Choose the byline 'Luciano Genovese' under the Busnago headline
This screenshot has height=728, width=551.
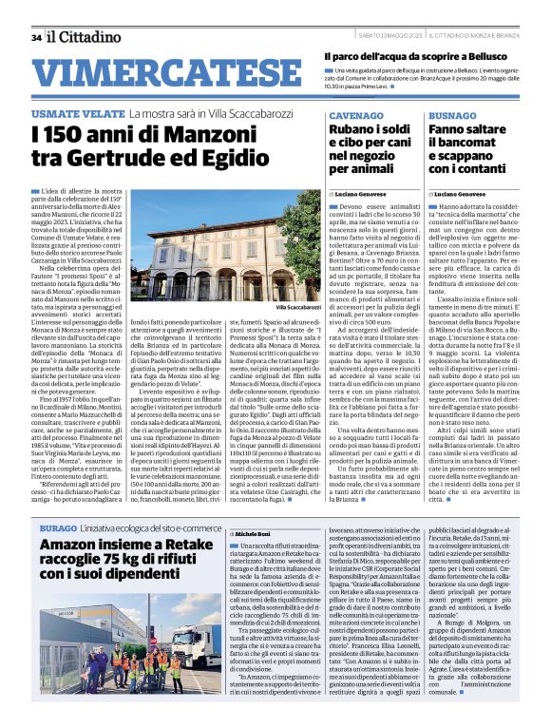[x=463, y=193]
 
